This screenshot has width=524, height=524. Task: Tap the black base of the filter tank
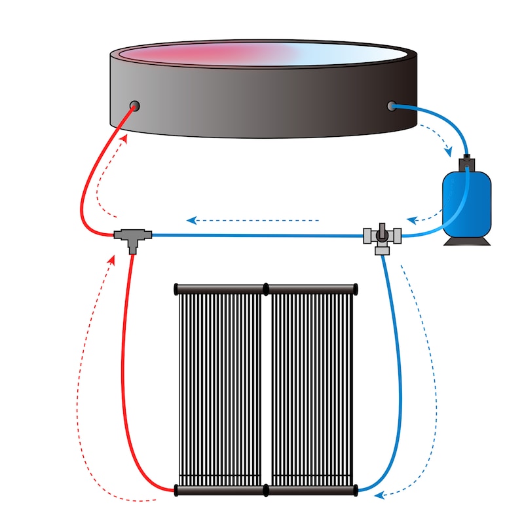click(x=466, y=240)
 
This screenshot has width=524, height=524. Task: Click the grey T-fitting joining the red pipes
click(x=133, y=236)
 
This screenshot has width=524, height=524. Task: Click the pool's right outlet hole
click(x=392, y=105)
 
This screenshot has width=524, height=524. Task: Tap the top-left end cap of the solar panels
click(x=176, y=288)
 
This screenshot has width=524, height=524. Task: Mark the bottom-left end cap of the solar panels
click(x=176, y=490)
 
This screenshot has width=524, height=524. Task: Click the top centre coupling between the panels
click(x=266, y=288)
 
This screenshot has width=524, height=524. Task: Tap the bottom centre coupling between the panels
click(x=266, y=490)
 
